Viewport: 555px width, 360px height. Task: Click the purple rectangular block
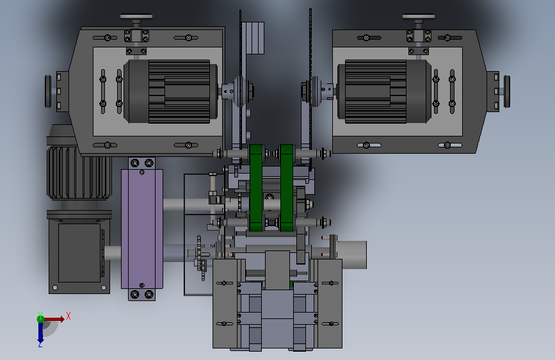tap(142, 229)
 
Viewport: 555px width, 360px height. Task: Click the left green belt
tap(256, 188)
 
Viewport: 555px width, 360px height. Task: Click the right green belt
tap(287, 188)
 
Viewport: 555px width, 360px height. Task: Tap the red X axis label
tap(68, 316)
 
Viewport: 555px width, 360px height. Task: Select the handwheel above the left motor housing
tap(136, 17)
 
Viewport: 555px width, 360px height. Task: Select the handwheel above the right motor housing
tap(419, 17)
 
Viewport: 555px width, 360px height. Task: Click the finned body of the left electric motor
tap(179, 92)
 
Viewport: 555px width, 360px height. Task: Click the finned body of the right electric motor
tap(376, 92)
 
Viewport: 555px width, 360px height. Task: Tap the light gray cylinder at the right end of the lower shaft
tap(351, 254)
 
